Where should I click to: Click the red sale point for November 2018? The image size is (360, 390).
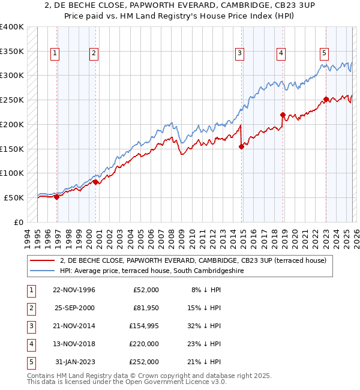tap(283, 114)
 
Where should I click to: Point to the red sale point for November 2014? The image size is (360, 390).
tap(242, 146)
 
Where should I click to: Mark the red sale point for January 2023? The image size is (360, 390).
tap(326, 99)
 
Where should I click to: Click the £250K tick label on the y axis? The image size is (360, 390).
tap(12, 100)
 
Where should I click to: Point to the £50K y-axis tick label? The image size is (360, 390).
tap(14, 197)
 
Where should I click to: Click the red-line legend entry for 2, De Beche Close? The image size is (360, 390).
tap(192, 260)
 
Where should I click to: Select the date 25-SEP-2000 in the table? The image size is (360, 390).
tap(75, 308)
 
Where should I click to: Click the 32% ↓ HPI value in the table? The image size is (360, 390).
tap(205, 326)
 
